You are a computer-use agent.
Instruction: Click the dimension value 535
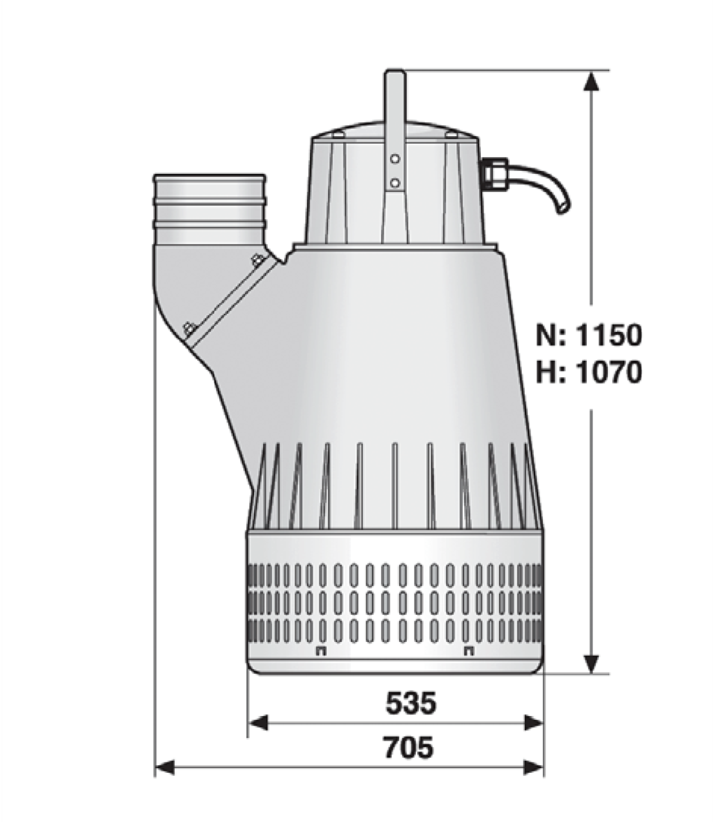point(411,703)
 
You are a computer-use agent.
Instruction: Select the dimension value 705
point(409,747)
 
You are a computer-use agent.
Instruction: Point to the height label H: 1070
point(589,372)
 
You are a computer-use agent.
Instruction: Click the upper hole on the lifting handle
point(395,159)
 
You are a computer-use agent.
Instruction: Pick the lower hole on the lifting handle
point(395,183)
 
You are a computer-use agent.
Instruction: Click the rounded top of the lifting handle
point(395,72)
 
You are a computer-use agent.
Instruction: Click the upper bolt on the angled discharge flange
point(257,260)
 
